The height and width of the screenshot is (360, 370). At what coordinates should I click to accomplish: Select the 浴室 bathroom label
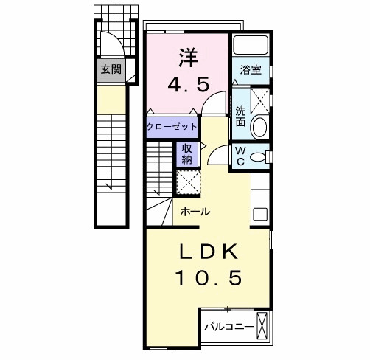point(251,71)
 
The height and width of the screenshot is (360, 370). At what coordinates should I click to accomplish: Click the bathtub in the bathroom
point(251,46)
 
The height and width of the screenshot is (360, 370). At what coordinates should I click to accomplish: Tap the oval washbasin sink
point(260,127)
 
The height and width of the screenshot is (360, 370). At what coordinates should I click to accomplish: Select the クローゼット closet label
point(172,127)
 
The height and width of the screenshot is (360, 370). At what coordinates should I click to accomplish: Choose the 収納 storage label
point(187,152)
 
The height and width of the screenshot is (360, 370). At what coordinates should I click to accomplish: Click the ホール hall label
point(195,211)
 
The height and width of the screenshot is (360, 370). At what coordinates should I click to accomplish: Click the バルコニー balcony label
point(229,326)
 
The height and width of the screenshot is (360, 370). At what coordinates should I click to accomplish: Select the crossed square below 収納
point(188,181)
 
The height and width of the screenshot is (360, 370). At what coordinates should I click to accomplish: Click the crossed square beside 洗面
point(259,99)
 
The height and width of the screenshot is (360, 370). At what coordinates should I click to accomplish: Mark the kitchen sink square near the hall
point(259,215)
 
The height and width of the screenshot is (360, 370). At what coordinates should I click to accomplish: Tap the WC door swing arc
point(219,156)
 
